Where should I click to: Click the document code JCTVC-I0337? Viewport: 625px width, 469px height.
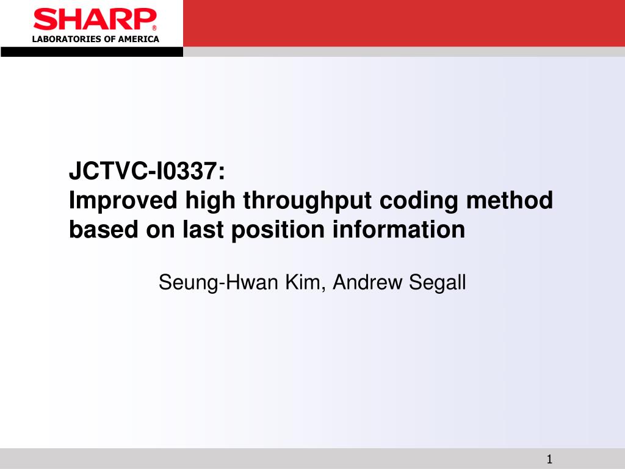click(x=147, y=172)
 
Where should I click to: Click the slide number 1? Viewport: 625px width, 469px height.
click(x=549, y=459)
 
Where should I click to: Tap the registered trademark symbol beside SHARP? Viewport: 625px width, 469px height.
click(x=154, y=28)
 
